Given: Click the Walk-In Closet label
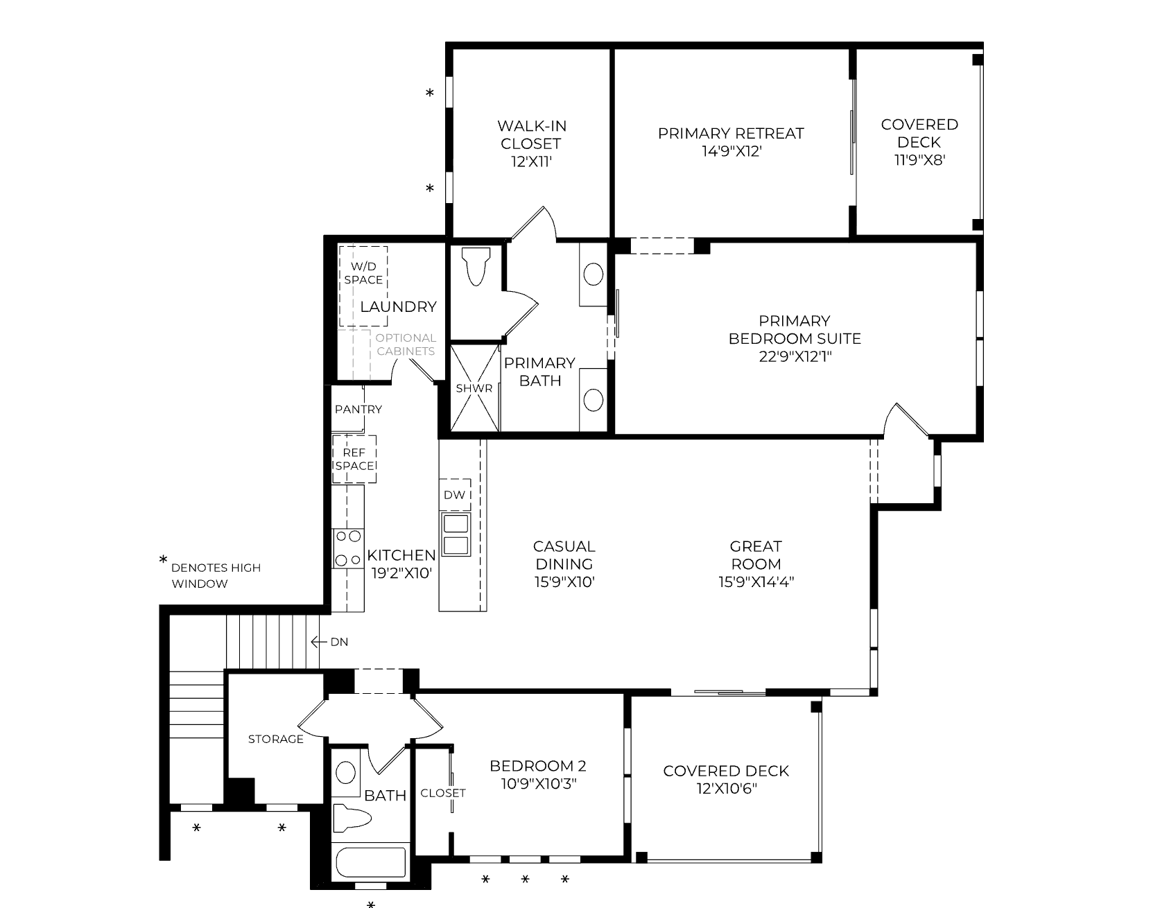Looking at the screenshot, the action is (x=532, y=135).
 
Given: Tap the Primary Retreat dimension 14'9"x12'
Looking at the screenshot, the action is (x=731, y=151).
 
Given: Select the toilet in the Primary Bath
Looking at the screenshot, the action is (x=476, y=267).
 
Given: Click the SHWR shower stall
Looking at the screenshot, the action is (x=474, y=388).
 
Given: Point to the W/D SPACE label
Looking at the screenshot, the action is (x=363, y=273).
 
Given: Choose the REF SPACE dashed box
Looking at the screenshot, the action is (x=354, y=459).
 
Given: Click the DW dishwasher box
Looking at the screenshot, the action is (x=455, y=495).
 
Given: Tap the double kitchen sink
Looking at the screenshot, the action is (x=456, y=534).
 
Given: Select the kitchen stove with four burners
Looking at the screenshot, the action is (x=347, y=548).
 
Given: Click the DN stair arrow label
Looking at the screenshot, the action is (x=329, y=642).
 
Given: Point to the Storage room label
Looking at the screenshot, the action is (x=276, y=739).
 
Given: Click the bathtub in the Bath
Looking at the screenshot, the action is (x=370, y=862).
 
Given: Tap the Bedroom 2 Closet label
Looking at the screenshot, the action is (x=443, y=792).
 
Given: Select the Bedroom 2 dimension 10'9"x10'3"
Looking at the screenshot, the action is (x=538, y=784).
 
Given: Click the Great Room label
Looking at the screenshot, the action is (x=756, y=555).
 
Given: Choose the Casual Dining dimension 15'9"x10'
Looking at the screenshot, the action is (x=565, y=582).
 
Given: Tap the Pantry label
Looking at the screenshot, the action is (x=358, y=409).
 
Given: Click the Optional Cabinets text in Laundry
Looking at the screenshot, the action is (x=406, y=344).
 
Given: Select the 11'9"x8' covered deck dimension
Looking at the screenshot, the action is (x=920, y=160).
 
